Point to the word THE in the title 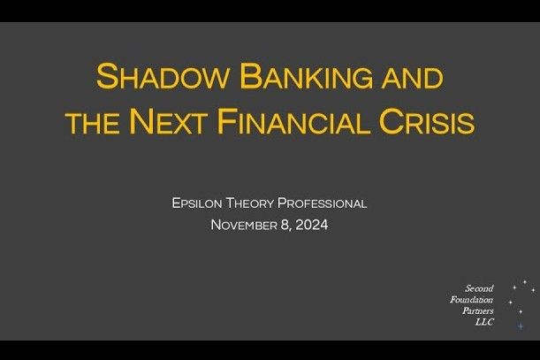pos(93,123)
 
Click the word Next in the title pos(174,122)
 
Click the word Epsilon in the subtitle pos(199,203)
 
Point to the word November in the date pos(244,225)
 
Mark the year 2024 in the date pos(312,225)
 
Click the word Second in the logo pos(479,288)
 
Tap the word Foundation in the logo pos(472,300)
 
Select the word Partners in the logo pos(477,311)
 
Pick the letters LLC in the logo pos(484,322)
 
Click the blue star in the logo pos(520,326)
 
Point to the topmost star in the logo pos(524,282)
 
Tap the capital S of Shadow pos(106,76)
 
